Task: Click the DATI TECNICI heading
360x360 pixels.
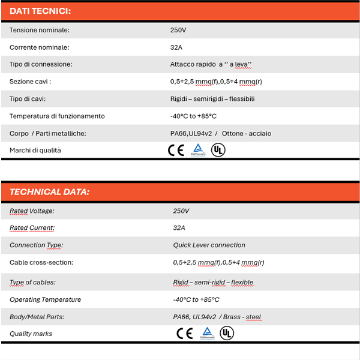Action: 40,11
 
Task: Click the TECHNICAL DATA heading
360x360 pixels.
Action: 49,192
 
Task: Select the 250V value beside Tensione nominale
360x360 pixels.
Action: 178,29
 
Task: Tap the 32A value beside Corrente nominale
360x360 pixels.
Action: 177,47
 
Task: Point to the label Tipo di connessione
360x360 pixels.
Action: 41,64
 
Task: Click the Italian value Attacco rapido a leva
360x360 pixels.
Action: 211,64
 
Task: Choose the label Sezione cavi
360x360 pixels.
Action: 30,81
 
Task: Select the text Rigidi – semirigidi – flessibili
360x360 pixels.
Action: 212,98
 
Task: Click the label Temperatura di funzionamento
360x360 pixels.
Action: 57,116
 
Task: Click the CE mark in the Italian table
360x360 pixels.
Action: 176,150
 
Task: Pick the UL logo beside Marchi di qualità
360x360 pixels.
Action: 218,150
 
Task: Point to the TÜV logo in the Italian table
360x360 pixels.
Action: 197,150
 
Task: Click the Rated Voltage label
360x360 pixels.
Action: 32,211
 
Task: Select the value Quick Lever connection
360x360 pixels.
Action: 209,245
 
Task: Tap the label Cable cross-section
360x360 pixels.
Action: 41,262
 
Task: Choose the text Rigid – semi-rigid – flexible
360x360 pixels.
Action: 213,282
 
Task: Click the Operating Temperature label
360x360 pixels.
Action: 45,299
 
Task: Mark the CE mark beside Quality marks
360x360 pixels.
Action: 184,334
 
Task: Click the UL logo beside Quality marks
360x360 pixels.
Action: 226,334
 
